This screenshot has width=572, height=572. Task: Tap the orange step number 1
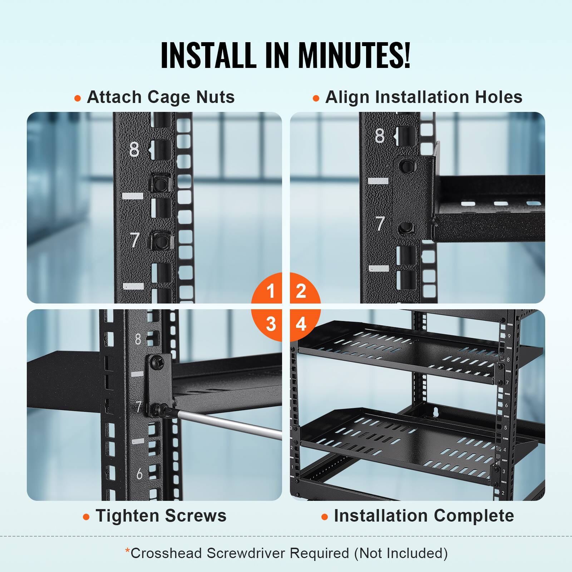point(271,290)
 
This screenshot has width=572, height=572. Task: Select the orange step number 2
point(301,290)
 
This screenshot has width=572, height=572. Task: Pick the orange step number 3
point(271,324)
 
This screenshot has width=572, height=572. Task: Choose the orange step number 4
point(301,324)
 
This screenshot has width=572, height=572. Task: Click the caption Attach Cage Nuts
point(161,97)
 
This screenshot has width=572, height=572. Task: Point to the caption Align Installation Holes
point(424,97)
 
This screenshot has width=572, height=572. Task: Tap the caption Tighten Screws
point(161,516)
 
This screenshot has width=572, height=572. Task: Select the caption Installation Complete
point(424,516)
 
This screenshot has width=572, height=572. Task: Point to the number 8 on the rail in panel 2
point(380,136)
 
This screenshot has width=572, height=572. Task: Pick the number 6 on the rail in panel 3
point(139,474)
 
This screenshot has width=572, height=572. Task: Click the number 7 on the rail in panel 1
point(135,240)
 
